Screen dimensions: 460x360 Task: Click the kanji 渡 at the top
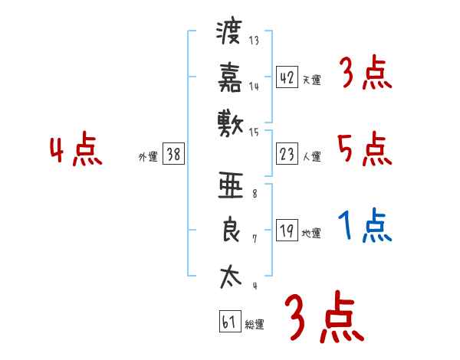point(229,33)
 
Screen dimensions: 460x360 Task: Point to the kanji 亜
point(229,186)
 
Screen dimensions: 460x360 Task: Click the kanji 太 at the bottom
point(229,276)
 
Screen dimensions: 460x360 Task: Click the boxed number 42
point(287,77)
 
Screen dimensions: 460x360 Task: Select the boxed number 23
point(287,154)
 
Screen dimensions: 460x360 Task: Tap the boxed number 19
point(287,231)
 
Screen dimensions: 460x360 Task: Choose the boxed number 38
point(173,154)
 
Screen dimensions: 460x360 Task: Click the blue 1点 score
point(365,227)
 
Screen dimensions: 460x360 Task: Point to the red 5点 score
point(365,149)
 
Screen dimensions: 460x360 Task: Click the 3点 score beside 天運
point(365,74)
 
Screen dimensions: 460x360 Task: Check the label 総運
point(255,325)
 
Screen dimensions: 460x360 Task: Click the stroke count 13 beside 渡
point(255,41)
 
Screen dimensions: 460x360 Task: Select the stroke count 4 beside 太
point(254,286)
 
